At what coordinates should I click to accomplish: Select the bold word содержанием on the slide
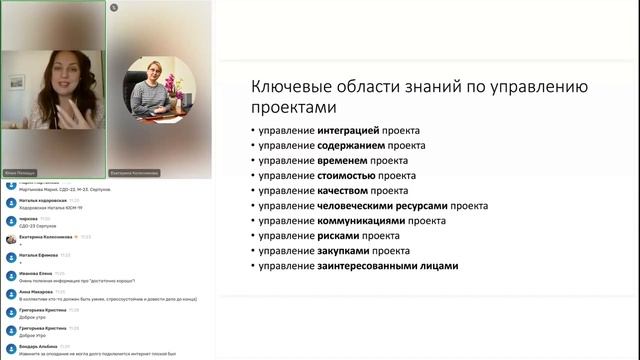[x=355, y=146]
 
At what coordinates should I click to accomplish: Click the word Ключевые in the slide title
[x=289, y=86]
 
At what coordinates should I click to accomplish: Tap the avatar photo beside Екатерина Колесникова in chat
[x=11, y=238]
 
